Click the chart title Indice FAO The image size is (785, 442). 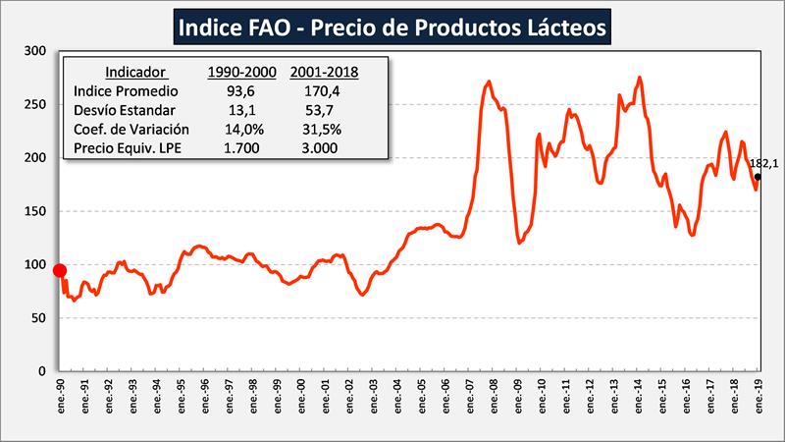pos(392,24)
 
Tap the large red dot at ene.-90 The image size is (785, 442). pos(59,270)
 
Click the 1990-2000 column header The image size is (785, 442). pos(241,72)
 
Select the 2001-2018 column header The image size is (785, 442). pos(324,72)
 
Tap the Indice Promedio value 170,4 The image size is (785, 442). pos(324,90)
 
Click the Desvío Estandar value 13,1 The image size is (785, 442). pos(241,109)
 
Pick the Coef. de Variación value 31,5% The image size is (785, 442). pos(324,129)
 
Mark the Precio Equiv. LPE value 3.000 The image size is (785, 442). pos(324,147)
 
